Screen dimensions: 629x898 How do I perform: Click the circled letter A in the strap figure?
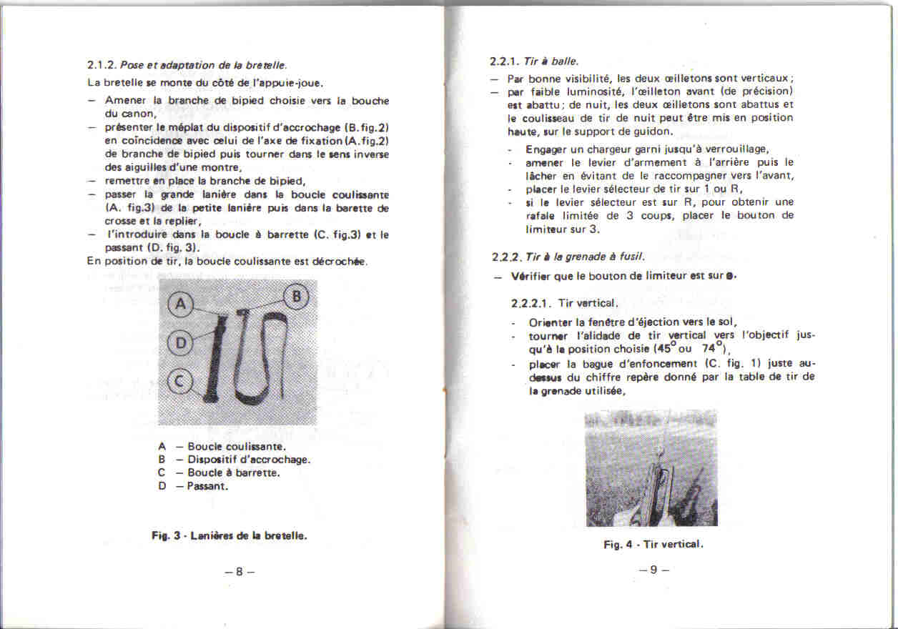click(x=180, y=305)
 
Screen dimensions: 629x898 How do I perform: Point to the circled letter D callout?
click(x=180, y=343)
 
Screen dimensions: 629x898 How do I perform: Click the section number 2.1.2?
click(x=101, y=65)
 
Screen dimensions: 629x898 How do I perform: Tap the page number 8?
click(x=240, y=571)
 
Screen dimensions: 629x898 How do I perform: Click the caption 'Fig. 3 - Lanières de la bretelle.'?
click(x=229, y=535)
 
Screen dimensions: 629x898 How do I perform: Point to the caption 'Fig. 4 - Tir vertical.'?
click(x=653, y=545)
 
